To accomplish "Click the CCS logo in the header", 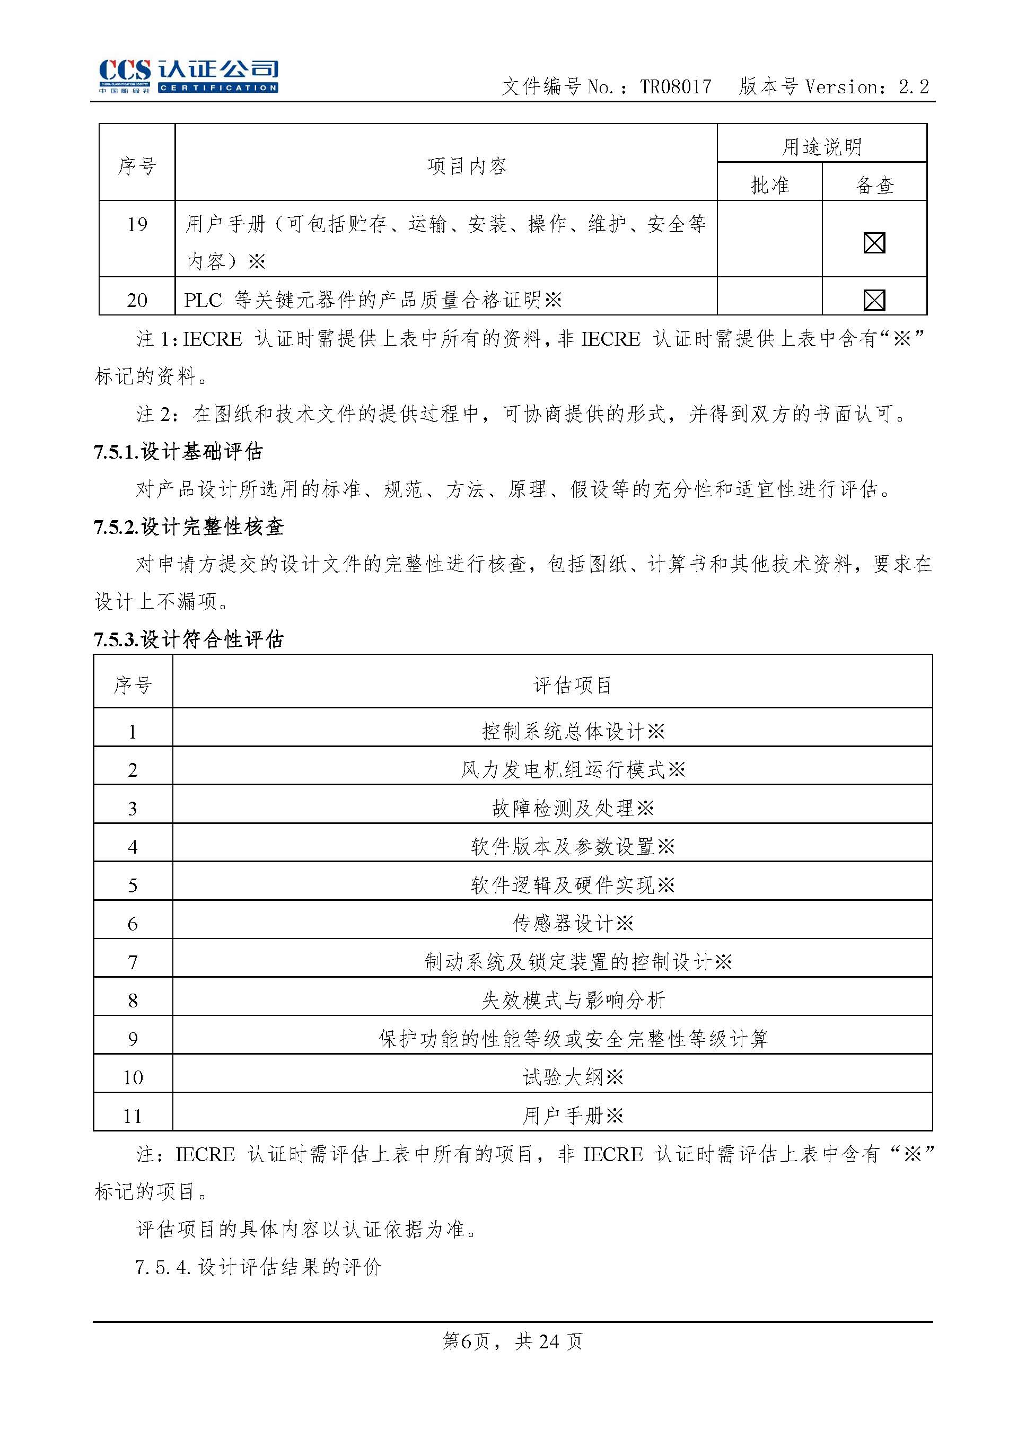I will [188, 76].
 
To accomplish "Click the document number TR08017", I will [676, 86].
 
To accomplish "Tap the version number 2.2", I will [914, 86].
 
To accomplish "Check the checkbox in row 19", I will [874, 242].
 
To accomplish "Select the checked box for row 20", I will [874, 300].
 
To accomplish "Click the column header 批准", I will [769, 185].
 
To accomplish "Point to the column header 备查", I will [874, 185].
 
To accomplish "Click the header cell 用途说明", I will [821, 146].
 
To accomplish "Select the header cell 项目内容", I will [467, 165].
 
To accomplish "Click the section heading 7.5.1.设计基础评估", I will [178, 451].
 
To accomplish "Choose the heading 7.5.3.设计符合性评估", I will [188, 639].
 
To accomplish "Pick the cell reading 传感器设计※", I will [573, 924].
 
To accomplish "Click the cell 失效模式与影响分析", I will [573, 1000].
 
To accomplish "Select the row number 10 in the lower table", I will [133, 1077].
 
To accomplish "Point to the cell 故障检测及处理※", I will [573, 808].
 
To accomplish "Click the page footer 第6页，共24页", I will [512, 1340].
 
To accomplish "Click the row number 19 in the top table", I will [137, 224].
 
